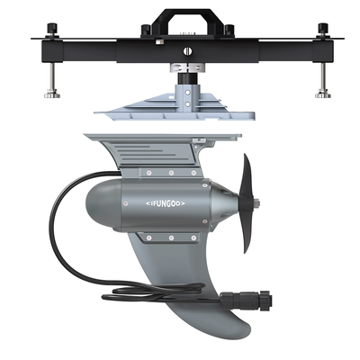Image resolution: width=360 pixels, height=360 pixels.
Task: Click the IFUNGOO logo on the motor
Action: [x=166, y=203]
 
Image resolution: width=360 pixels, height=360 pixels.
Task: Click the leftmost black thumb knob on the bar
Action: [x=51, y=30]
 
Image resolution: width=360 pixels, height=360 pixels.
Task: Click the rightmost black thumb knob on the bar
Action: [x=323, y=30]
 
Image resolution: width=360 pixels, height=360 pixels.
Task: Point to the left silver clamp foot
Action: [x=52, y=94]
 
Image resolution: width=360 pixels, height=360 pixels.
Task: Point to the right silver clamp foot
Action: [x=323, y=94]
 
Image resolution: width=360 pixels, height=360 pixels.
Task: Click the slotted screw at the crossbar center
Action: [x=188, y=51]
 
